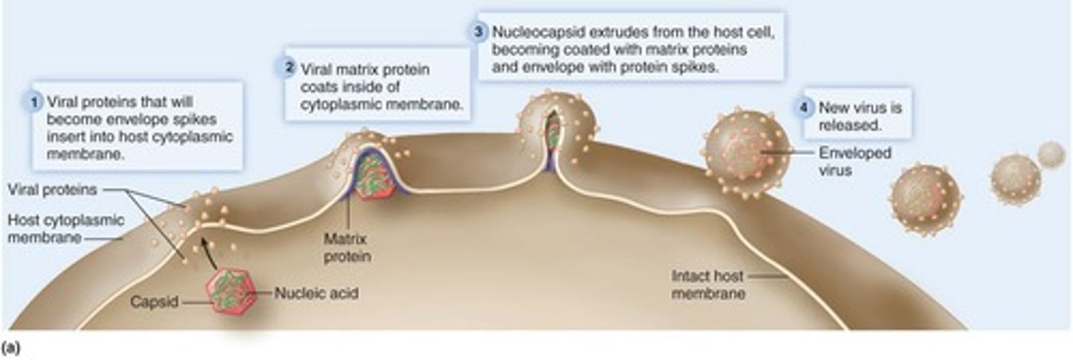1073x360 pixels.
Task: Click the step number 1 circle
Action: pyautogui.click(x=34, y=102)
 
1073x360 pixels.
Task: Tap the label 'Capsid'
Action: pyautogui.click(x=153, y=302)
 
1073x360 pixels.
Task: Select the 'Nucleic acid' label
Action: pyautogui.click(x=316, y=294)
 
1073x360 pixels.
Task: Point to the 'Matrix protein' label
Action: pyautogui.click(x=346, y=248)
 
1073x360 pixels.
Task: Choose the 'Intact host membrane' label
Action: pyautogui.click(x=707, y=285)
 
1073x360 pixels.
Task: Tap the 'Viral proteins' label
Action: pyautogui.click(x=52, y=190)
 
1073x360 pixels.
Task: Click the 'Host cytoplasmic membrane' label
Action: pyautogui.click(x=66, y=229)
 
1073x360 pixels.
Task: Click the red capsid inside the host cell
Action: pyautogui.click(x=231, y=291)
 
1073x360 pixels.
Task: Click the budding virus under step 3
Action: pyautogui.click(x=556, y=127)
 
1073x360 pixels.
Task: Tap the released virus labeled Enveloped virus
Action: pyautogui.click(x=747, y=154)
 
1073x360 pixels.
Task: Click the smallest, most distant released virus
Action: pyautogui.click(x=1051, y=154)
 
